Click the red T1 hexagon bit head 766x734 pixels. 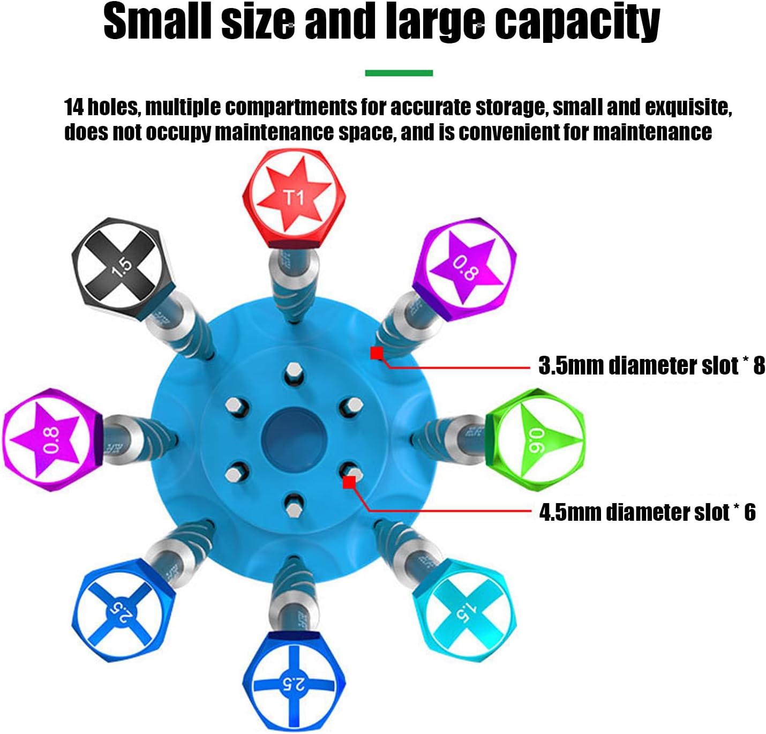pyautogui.click(x=294, y=198)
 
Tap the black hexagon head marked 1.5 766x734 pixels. pyautogui.click(x=123, y=269)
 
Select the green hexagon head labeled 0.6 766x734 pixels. pyautogui.click(x=535, y=439)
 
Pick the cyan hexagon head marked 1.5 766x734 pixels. pyautogui.click(x=465, y=610)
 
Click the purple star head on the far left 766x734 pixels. pyautogui.click(x=53, y=439)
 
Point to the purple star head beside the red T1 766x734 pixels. pyautogui.click(x=464, y=269)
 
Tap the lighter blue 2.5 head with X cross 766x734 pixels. pyautogui.click(x=123, y=610)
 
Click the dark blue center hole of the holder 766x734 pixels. pyautogui.click(x=294, y=439)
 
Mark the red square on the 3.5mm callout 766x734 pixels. pyautogui.click(x=377, y=353)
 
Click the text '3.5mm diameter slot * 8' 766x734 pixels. pyautogui.click(x=651, y=365)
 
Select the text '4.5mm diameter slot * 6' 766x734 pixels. pyautogui.click(x=647, y=512)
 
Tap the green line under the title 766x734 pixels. pyautogui.click(x=399, y=73)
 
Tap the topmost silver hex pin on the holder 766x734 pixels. pyautogui.click(x=294, y=371)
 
